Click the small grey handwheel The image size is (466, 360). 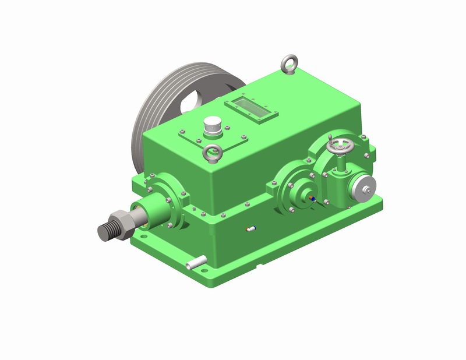(x=340, y=147)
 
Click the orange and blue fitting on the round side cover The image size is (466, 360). (x=313, y=199)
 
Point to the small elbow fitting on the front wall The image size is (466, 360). (x=250, y=228)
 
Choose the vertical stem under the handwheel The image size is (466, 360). (x=340, y=165)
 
